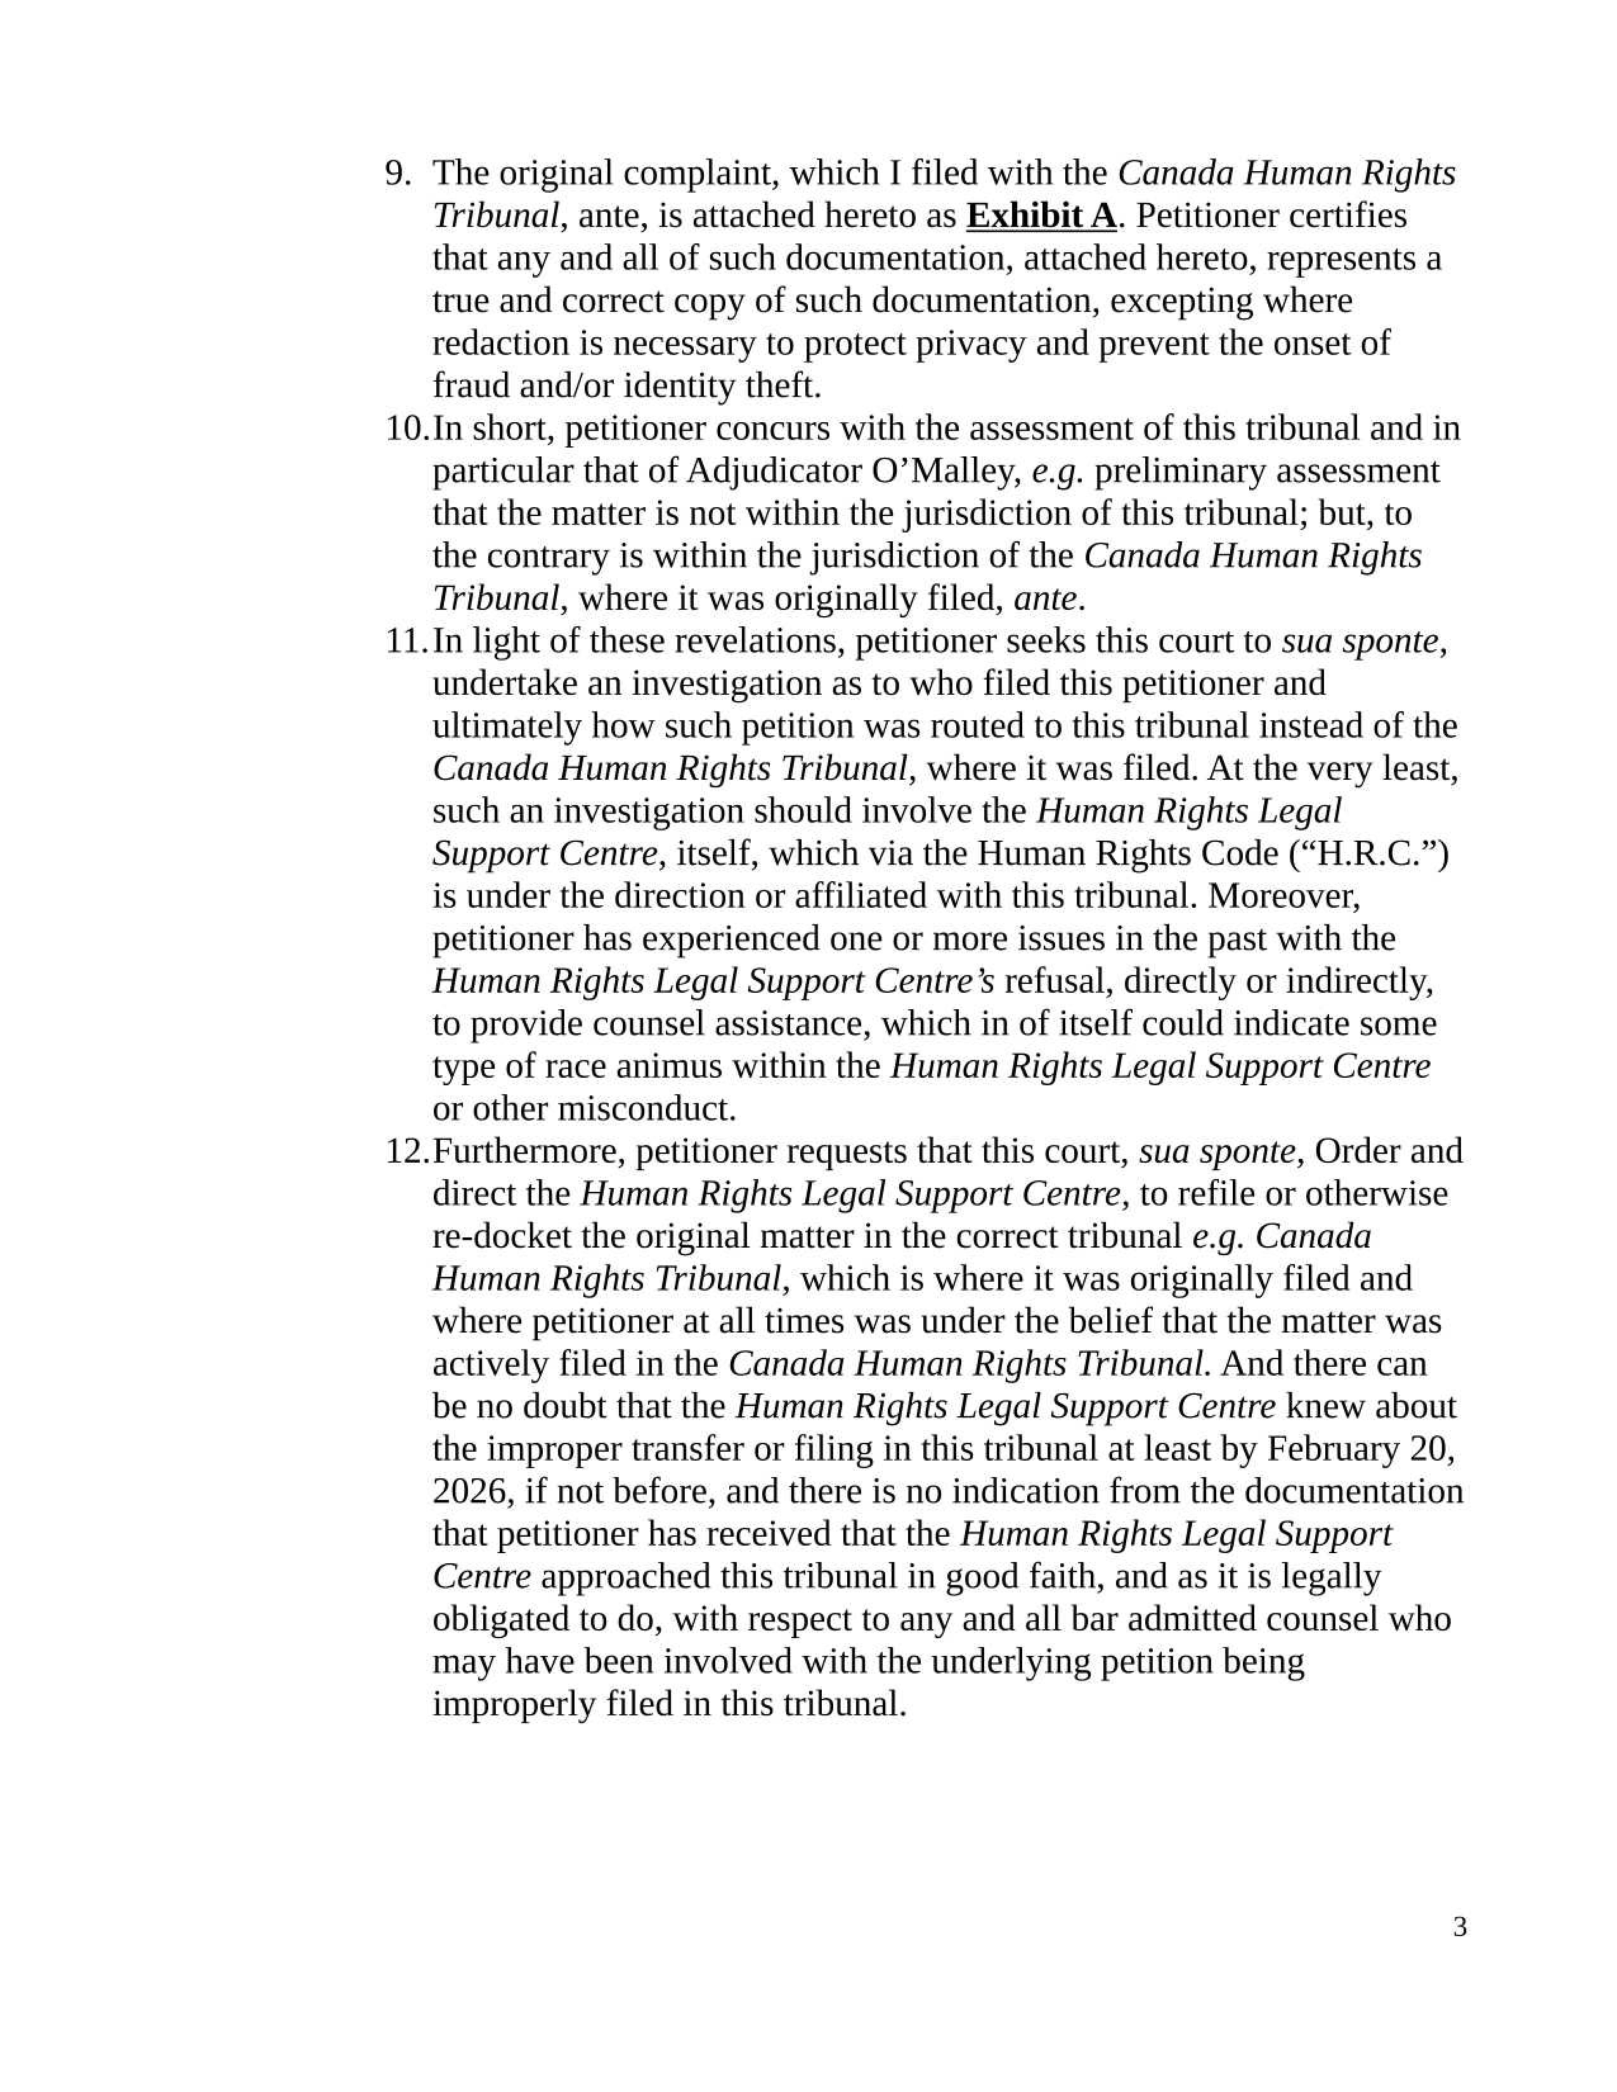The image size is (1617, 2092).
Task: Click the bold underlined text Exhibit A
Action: (x=1041, y=216)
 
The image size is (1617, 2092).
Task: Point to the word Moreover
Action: (x=1283, y=896)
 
